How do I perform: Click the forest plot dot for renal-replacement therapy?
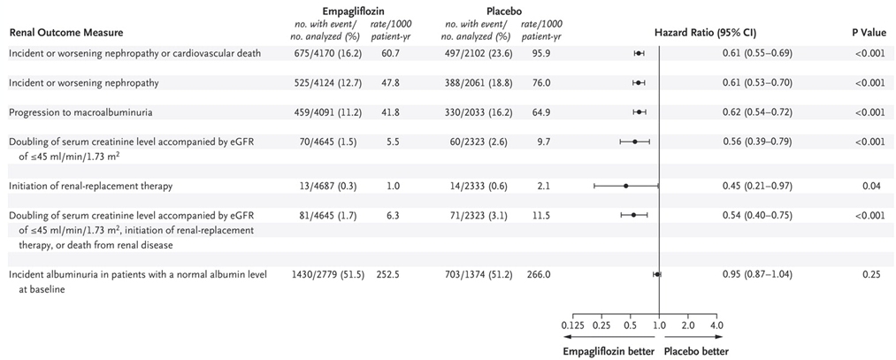tap(626, 186)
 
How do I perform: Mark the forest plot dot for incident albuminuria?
tap(656, 274)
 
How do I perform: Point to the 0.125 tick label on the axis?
tap(573, 326)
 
